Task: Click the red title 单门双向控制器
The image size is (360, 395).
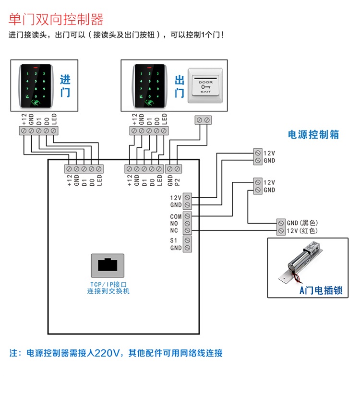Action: coord(56,20)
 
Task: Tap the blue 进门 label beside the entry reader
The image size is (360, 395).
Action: coord(65,86)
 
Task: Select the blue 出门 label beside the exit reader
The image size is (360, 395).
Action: coord(179,86)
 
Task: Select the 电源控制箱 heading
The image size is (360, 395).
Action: coord(313,135)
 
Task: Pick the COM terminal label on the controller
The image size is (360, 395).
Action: coord(176,217)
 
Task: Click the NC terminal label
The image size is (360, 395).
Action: coord(174,231)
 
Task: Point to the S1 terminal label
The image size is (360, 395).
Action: coord(174,240)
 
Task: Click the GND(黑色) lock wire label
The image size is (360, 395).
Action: coord(302,223)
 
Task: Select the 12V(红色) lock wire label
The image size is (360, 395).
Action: coord(302,231)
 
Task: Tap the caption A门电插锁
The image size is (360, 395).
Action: coord(321,290)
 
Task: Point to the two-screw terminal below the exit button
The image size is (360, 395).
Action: coord(203,120)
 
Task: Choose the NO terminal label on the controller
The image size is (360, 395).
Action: coord(174,224)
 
